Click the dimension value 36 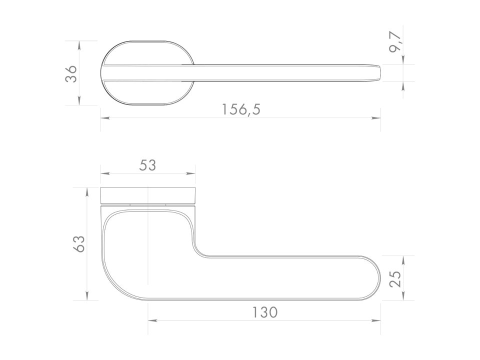tap(71, 73)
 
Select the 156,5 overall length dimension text tap(241, 109)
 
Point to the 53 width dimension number tap(147, 165)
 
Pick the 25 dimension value tap(395, 278)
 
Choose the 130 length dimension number tap(265, 312)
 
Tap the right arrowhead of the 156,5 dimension tap(376, 118)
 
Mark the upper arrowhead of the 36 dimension tap(79, 45)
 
